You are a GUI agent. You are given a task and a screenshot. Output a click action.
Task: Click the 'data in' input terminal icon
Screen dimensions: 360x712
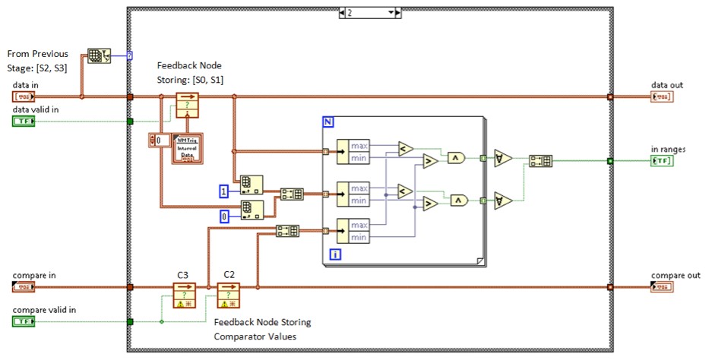pos(24,96)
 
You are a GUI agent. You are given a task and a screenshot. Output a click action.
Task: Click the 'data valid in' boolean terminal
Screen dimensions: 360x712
pos(24,121)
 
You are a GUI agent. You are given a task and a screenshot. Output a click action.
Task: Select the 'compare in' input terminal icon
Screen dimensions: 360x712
pos(24,287)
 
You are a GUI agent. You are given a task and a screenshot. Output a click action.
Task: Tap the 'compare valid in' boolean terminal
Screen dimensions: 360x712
pos(24,321)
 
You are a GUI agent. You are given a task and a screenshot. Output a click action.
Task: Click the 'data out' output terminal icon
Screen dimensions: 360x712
pos(662,96)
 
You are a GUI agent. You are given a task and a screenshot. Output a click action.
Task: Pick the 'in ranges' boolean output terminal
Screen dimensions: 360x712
pos(662,160)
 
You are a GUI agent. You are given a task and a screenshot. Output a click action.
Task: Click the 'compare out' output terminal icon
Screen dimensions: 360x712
pos(662,287)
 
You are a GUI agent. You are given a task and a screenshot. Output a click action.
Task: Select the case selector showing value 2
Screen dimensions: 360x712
pos(369,13)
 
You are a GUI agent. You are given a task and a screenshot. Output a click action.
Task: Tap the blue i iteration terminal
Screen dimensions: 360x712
pos(335,254)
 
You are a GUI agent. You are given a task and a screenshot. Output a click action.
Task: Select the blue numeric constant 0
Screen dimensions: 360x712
pos(224,216)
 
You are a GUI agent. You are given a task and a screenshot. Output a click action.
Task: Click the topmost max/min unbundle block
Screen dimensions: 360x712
pos(353,151)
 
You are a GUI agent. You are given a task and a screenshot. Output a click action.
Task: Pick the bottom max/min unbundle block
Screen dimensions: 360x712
pos(353,231)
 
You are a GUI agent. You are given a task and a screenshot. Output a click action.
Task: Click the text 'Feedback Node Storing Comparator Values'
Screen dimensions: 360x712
pos(262,328)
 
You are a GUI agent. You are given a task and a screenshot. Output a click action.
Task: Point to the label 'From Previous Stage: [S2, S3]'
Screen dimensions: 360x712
pos(37,60)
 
